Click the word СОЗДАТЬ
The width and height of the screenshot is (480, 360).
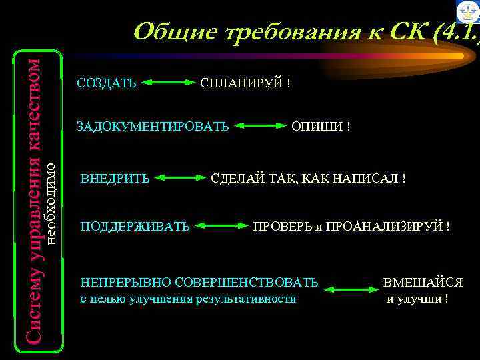107,83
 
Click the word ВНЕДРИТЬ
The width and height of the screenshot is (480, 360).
115,179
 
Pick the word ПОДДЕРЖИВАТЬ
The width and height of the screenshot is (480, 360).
135,227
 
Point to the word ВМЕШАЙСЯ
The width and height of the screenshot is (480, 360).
423,283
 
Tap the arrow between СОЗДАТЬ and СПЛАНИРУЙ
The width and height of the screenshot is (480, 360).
167,83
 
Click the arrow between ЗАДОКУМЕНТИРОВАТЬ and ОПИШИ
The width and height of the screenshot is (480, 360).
261,125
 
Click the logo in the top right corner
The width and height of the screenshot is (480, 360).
468,11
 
